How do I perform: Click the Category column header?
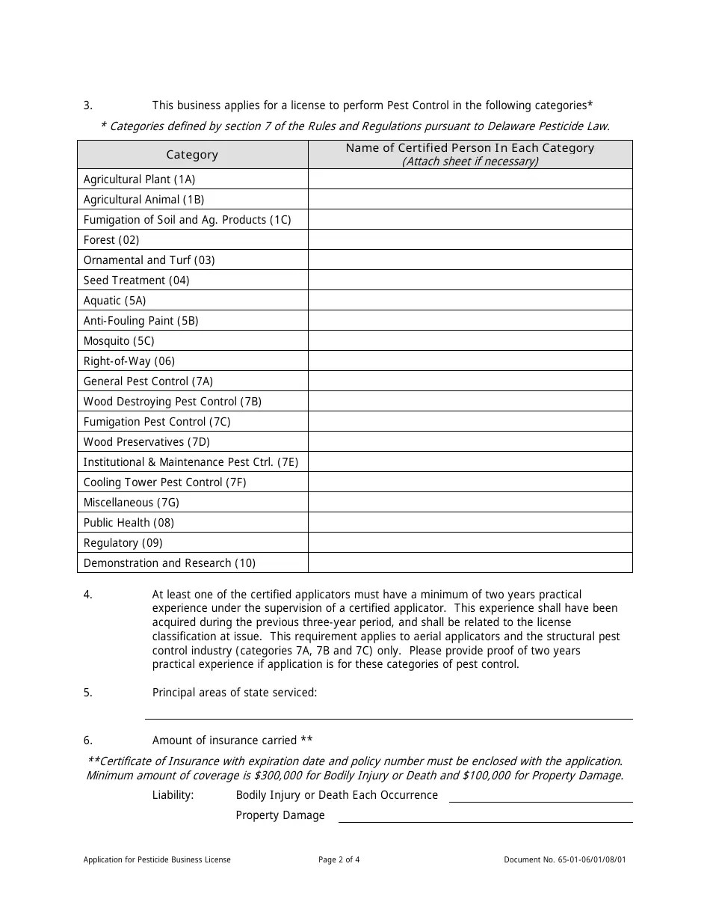pos(192,155)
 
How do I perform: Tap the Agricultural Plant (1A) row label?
pos(139,180)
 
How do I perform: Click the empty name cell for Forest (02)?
pos(469,240)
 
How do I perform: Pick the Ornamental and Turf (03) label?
pos(149,260)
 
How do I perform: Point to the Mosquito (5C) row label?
pos(119,341)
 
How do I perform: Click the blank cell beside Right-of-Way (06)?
pos(469,361)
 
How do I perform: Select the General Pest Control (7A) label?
pos(148,381)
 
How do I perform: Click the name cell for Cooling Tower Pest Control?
pos(469,482)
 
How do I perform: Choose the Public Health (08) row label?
pos(129,523)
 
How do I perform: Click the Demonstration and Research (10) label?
pos(169,563)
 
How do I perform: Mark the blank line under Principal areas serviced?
pos(389,714)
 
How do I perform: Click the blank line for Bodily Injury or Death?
pos(540,797)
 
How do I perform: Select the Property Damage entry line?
pos(485,817)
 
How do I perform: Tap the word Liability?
pos(173,795)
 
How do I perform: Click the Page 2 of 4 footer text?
pos(339,860)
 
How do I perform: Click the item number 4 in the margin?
pos(87,595)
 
